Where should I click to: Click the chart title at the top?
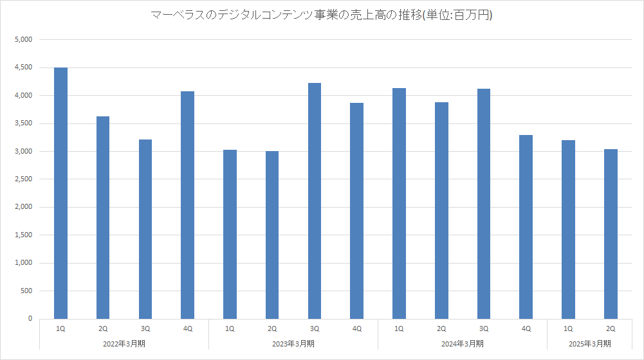[322, 14]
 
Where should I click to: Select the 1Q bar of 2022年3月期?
[60, 193]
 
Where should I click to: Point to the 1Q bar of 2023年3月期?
[230, 234]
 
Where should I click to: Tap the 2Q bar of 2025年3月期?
[611, 234]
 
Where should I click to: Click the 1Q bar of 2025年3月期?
[568, 229]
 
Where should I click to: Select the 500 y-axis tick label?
[26, 291]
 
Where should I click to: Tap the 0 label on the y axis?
[30, 319]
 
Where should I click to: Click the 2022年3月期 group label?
[124, 344]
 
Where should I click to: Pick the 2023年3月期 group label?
[293, 344]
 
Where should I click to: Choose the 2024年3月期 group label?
[462, 344]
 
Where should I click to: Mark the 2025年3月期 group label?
[589, 344]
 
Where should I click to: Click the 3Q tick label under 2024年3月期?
[483, 328]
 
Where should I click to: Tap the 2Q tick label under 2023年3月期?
[272, 328]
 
